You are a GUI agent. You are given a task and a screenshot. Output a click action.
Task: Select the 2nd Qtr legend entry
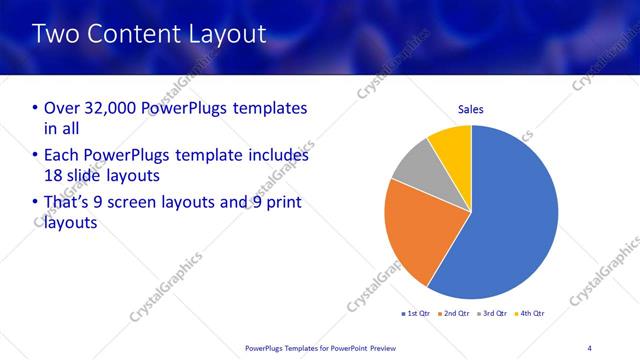coord(455,314)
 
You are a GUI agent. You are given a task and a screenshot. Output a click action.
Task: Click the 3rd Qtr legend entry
coord(493,314)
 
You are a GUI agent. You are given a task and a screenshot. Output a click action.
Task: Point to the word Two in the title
coord(56,34)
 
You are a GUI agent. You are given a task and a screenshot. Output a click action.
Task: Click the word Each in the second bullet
coord(62,156)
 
